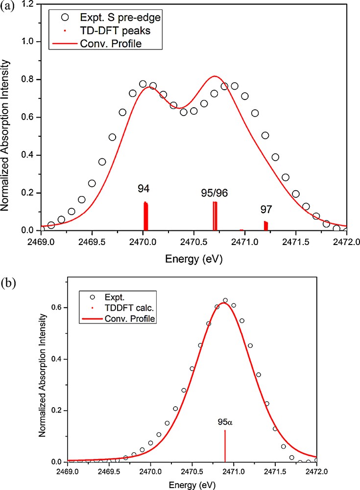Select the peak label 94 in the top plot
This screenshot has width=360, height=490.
pyautogui.click(x=144, y=188)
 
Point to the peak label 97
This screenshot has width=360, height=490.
pyautogui.click(x=266, y=210)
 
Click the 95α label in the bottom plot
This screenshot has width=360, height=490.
pyautogui.click(x=225, y=421)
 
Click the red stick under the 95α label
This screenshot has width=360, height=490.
pyautogui.click(x=225, y=446)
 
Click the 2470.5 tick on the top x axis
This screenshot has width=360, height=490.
pyautogui.click(x=194, y=242)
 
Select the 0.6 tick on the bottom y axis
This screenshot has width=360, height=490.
pyautogui.click(x=57, y=308)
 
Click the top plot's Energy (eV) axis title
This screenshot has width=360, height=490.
pyautogui.click(x=194, y=260)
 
